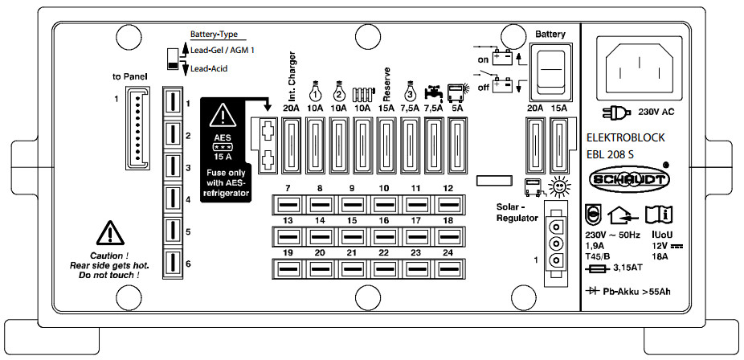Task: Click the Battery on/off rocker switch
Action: [x=553, y=70]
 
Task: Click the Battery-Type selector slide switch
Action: [x=172, y=60]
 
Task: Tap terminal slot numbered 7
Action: [x=286, y=207]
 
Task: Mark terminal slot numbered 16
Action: [x=383, y=236]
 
